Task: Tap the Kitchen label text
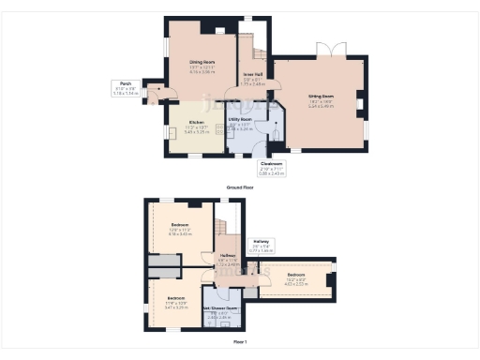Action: point(198,123)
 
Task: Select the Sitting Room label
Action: point(322,96)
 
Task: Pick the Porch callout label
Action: point(125,83)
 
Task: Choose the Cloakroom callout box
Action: point(272,169)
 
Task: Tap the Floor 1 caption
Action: point(240,341)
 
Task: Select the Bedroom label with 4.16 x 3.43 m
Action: point(181,225)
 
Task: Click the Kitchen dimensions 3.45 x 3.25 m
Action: point(198,132)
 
